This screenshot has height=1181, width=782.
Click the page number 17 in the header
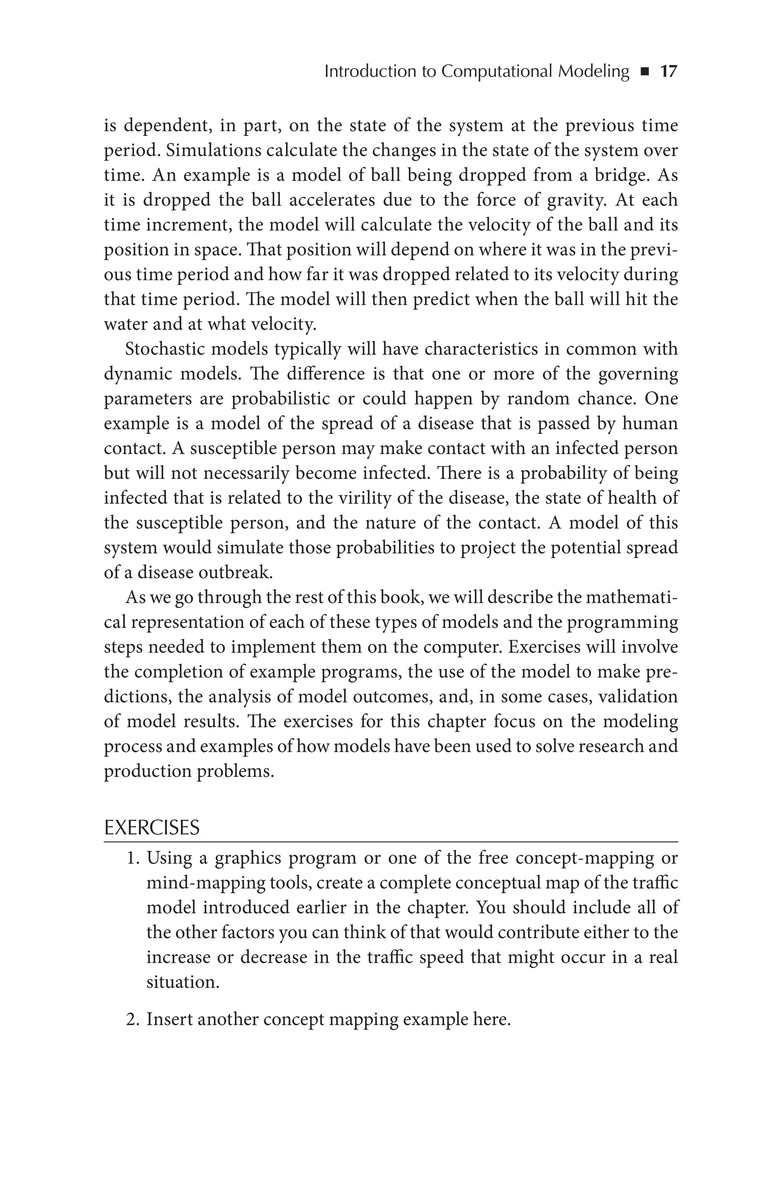coord(669,72)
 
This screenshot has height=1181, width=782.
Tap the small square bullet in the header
coord(645,73)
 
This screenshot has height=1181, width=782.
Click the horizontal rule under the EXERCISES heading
coord(391,841)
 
